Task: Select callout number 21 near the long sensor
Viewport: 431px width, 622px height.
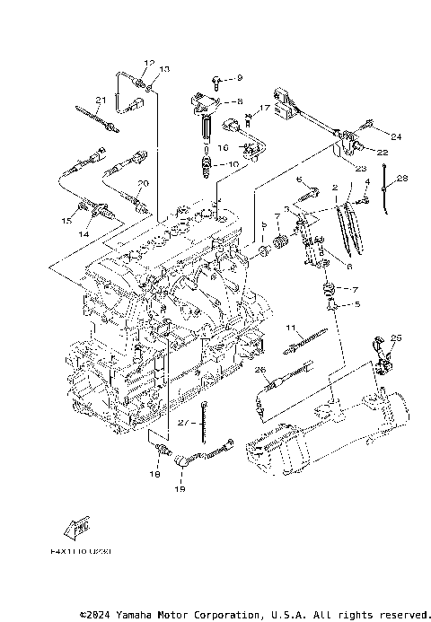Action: (x=101, y=100)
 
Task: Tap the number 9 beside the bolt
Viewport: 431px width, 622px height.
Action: (x=239, y=79)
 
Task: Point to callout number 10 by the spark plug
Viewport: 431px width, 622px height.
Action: (x=233, y=164)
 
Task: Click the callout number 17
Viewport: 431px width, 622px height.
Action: (x=265, y=108)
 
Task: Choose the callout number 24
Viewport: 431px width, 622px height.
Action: (x=396, y=136)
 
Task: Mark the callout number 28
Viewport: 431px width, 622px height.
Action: (x=402, y=179)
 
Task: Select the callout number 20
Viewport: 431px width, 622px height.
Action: (x=142, y=183)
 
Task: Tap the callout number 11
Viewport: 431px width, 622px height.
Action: (x=291, y=327)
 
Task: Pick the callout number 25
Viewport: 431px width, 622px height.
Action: (x=397, y=337)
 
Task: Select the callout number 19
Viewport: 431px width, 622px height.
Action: (x=179, y=490)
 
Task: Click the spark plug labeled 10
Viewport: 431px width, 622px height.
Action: (x=211, y=165)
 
